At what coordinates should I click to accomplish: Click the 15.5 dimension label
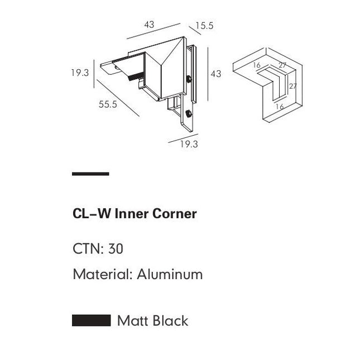205,26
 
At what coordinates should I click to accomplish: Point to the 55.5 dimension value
108,104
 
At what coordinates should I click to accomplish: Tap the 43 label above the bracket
149,25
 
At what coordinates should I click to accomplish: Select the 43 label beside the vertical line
215,74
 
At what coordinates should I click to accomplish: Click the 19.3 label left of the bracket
80,73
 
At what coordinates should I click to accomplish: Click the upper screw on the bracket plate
190,79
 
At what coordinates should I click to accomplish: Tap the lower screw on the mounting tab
189,114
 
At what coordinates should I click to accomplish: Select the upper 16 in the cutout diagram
257,65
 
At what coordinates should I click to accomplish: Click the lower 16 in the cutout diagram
280,106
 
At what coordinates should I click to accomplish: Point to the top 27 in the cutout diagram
282,65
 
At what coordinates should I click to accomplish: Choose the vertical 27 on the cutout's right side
292,87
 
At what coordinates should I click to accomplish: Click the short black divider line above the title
90,174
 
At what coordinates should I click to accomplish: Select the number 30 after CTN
116,248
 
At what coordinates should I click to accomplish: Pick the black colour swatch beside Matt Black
91,320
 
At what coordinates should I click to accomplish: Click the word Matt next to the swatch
132,320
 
